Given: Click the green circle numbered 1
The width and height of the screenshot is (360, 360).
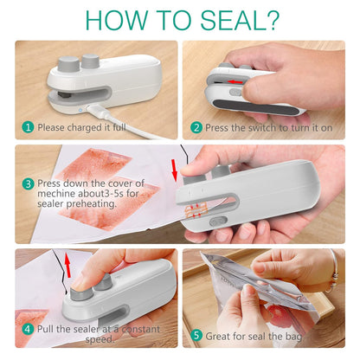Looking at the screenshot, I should tap(28, 127).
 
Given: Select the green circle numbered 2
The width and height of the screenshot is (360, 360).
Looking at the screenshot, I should tap(196, 127).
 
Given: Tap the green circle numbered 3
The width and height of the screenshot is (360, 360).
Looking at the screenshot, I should tap(28, 183).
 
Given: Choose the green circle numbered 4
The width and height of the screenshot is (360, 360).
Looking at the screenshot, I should tap(28, 330).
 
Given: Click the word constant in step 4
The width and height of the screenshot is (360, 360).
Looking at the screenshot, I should tap(133, 330).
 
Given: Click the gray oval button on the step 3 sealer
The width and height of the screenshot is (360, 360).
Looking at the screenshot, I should tap(221, 235).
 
